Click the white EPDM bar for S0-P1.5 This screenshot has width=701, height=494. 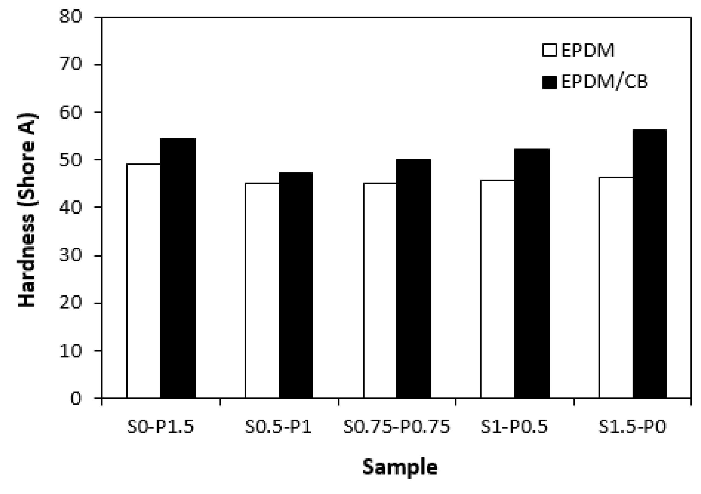tap(144, 281)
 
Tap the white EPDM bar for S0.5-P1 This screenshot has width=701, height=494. tap(262, 290)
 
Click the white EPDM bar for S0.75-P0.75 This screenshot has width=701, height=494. tap(379, 290)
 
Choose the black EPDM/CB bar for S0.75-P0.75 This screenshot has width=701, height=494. tap(413, 278)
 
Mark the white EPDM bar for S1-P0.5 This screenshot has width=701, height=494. tap(497, 289)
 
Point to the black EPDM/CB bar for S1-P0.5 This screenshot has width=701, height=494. tap(532, 273)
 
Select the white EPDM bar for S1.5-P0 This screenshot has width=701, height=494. tap(615, 287)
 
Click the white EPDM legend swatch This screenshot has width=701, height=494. tap(550, 50)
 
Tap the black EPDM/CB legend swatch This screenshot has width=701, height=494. tap(550, 82)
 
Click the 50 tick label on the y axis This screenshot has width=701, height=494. tap(70, 160)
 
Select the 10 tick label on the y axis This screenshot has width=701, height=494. tap(70, 350)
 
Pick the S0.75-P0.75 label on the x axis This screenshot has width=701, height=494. tap(397, 427)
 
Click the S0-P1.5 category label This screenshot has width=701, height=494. tap(161, 427)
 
